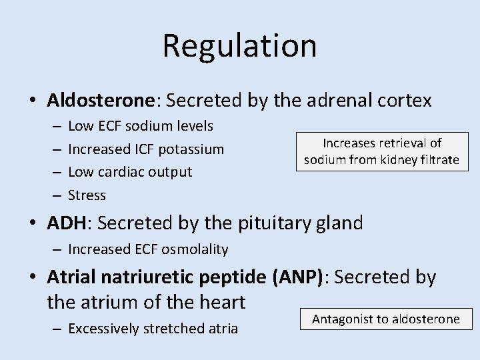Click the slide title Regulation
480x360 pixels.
239,46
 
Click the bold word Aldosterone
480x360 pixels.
101,101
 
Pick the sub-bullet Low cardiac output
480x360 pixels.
130,171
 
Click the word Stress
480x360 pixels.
87,195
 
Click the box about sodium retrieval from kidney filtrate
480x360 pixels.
382,151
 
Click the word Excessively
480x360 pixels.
101,328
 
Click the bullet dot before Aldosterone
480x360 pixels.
32,101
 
